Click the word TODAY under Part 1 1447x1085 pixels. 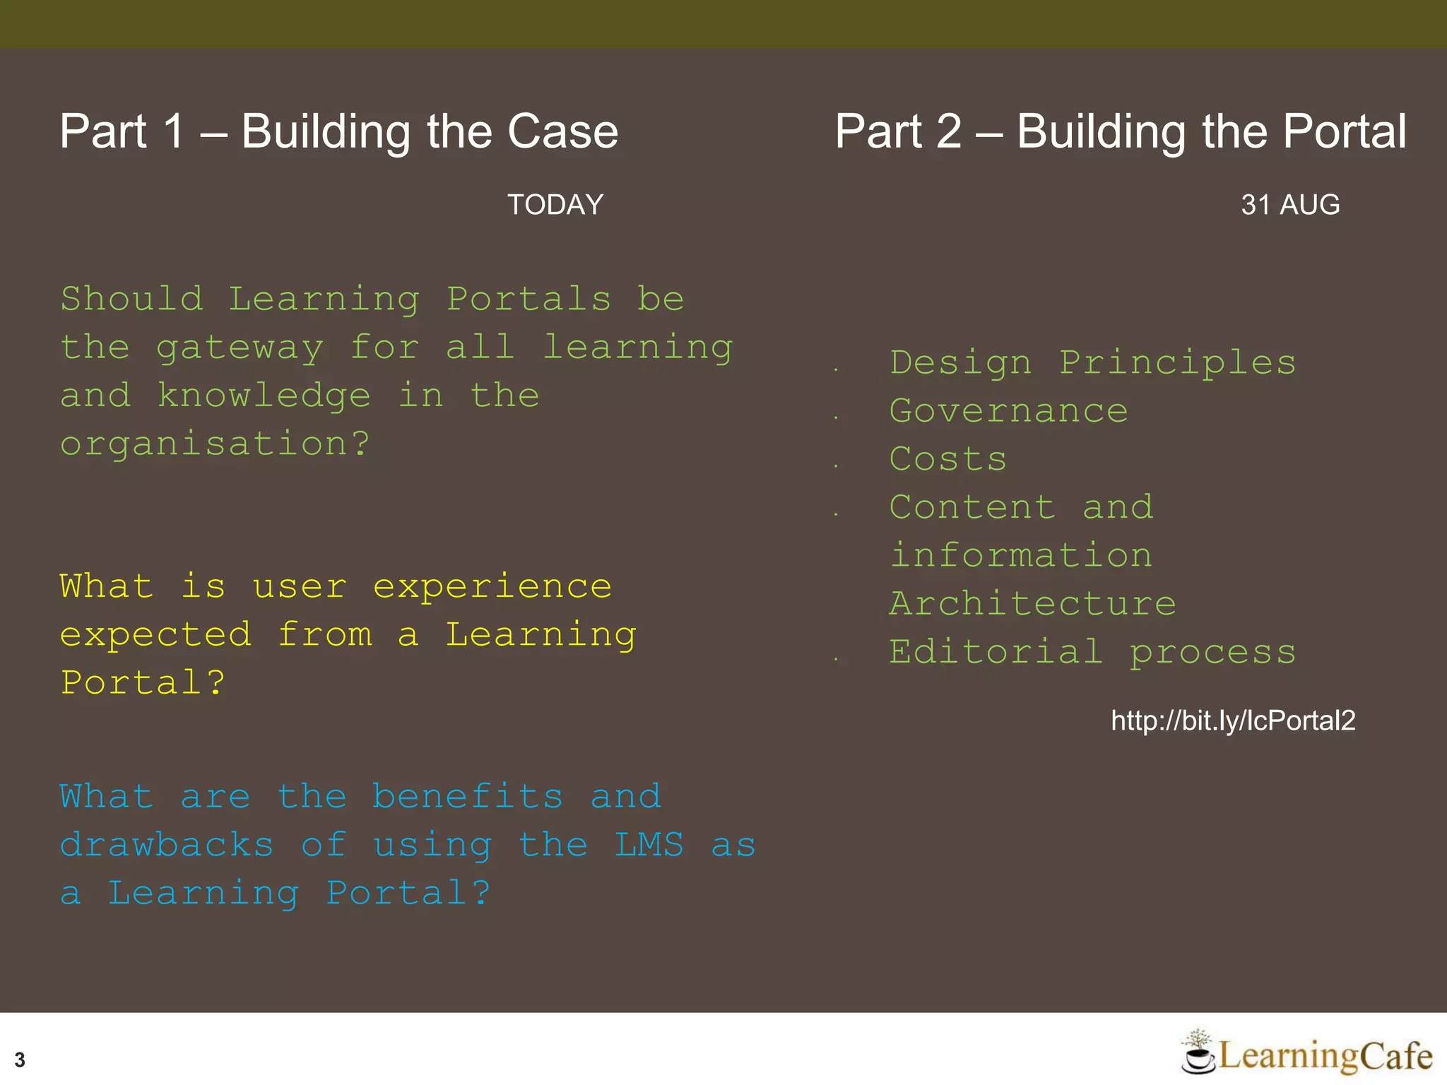555,205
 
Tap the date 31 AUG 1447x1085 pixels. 1290,205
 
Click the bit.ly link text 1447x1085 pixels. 1233,721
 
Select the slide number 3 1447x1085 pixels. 20,1060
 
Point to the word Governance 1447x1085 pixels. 1008,411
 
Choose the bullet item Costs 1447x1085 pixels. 947,459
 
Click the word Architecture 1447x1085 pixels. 1032,604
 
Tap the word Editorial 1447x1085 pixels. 996,652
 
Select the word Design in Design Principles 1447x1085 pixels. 960,363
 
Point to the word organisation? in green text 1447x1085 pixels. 215,444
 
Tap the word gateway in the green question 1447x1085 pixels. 240,348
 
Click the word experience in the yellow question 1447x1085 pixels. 492,587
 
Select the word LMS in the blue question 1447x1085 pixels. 649,846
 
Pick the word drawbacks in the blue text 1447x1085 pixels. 167,846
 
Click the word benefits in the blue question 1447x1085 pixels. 467,797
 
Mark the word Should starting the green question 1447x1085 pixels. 132,299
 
